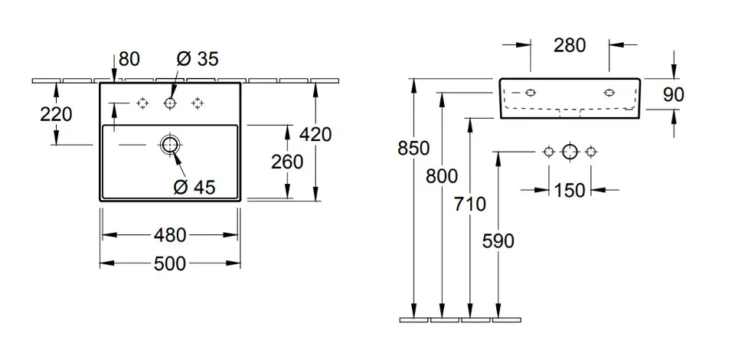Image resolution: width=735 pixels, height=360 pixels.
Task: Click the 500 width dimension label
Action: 170,263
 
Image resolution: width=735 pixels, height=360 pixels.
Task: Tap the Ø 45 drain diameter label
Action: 195,185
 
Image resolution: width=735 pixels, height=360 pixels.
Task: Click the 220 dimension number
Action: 56,114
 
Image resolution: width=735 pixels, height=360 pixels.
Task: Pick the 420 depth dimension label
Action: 315,135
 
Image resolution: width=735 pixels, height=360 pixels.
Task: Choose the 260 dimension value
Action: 287,162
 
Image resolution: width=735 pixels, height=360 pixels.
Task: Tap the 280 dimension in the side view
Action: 570,45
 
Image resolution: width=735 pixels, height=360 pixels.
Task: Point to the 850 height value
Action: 413,148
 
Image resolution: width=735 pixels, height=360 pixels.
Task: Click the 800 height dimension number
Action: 442,176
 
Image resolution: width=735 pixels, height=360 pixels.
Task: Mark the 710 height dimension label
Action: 469,204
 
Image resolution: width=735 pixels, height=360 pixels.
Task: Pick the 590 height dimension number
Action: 498,241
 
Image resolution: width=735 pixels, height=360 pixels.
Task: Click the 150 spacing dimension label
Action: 569,190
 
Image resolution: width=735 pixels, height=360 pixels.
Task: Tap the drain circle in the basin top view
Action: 169,143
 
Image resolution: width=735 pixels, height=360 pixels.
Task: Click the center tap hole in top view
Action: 169,103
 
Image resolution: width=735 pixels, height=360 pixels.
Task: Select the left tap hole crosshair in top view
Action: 142,103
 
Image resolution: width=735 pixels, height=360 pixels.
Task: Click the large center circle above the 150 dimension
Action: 569,152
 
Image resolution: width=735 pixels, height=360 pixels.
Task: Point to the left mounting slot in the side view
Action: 530,93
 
